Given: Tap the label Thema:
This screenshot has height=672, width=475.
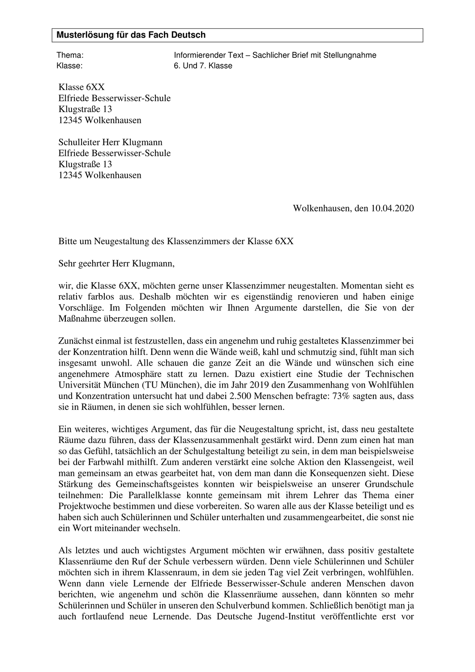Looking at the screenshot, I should coord(70,56).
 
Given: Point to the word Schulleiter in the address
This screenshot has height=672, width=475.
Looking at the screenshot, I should coord(79,142).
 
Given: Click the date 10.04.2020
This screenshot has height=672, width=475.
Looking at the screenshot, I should coord(392,208).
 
